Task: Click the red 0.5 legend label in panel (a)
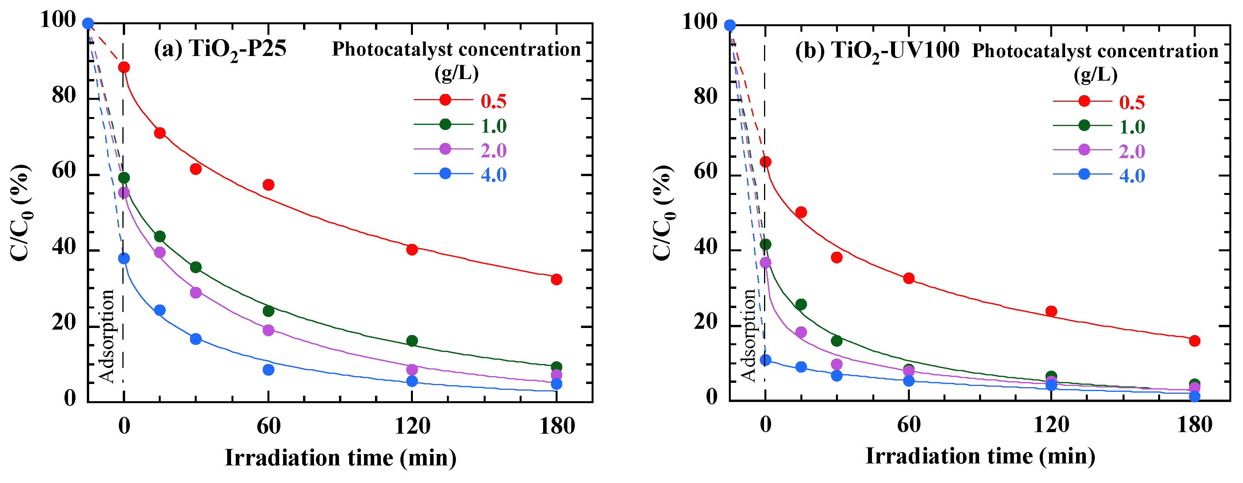coord(493,101)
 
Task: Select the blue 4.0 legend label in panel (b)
coord(1132,175)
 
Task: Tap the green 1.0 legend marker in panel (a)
coord(445,124)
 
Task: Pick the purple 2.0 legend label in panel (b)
coord(1132,151)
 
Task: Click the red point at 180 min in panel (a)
coord(556,279)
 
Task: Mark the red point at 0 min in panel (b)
coord(765,162)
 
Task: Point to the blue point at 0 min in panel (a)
coord(124,258)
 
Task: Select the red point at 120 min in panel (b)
coord(1051,311)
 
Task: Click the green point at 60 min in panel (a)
coord(268,311)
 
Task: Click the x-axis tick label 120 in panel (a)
coord(412,426)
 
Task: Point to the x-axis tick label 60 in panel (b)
coord(909,425)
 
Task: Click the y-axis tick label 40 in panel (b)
coord(706,247)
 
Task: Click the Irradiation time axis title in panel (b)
coord(979,456)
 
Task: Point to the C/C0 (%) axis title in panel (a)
coord(20,213)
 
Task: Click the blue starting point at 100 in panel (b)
coord(730,25)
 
